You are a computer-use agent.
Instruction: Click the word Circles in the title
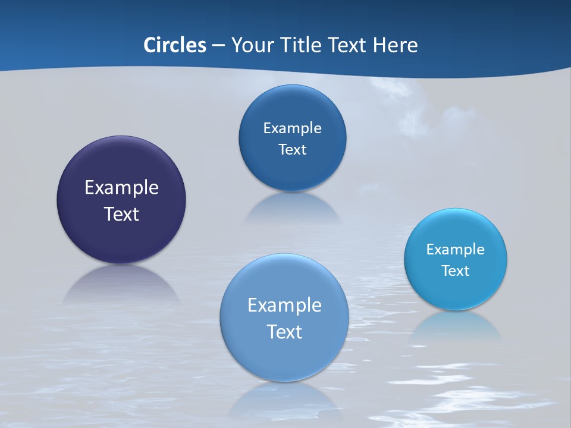174,45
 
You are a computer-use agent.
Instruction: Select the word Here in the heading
395,45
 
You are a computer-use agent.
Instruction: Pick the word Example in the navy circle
121,187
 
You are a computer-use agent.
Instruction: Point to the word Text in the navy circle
121,214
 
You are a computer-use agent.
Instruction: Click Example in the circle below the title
292,128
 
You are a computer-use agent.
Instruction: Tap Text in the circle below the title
292,149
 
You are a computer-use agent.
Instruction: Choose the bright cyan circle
456,291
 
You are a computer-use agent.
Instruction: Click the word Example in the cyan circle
456,249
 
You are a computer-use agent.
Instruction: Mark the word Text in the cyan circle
456,270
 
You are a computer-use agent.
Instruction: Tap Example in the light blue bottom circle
284,305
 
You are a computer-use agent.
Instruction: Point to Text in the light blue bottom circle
284,332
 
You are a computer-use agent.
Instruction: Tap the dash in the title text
218,45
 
